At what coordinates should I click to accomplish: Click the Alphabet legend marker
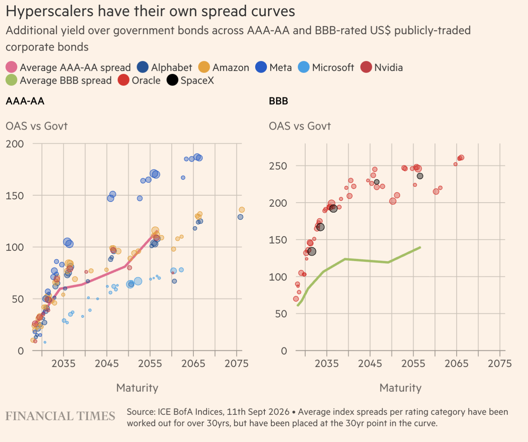tap(142, 67)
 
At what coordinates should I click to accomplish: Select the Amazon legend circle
tap(204, 67)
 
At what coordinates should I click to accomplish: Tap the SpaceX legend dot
tap(172, 80)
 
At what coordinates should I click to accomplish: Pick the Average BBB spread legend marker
tap(11, 80)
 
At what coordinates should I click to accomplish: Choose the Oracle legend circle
tap(124, 80)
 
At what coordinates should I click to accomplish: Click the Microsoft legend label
tap(333, 67)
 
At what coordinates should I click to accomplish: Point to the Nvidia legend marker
tap(366, 67)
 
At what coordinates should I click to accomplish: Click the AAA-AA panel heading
tap(25, 101)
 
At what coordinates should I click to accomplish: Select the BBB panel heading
tap(278, 101)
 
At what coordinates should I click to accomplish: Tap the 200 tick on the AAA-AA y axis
tap(15, 144)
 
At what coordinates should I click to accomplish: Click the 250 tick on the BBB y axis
tap(278, 166)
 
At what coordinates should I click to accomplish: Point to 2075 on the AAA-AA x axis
tap(237, 364)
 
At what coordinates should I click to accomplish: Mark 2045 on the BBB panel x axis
tap(370, 364)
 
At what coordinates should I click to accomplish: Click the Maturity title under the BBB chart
tap(401, 388)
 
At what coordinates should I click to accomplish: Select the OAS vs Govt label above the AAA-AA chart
tap(37, 126)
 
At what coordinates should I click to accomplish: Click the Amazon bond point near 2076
tap(242, 210)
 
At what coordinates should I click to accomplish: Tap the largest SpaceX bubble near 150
tap(312, 252)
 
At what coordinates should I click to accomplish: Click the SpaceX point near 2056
tap(420, 176)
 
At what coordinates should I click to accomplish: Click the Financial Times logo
tap(60, 416)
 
